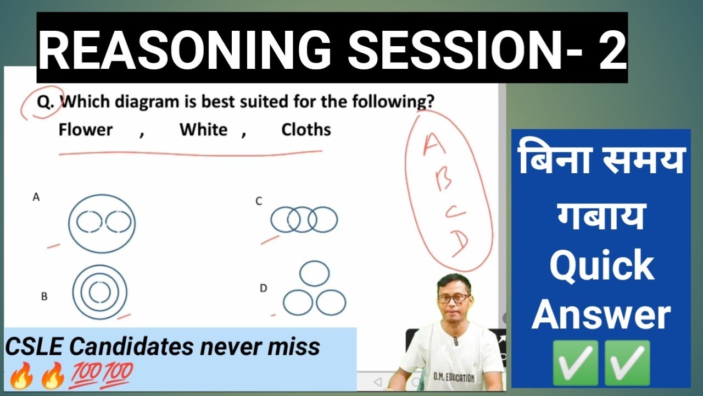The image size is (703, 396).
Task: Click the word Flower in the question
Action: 86,130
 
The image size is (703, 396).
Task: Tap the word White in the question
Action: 203,130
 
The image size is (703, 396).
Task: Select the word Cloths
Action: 306,130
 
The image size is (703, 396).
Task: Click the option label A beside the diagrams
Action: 36,197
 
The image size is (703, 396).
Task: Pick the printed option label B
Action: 44,296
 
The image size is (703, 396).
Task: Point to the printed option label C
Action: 259,201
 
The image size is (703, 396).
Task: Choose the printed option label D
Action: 264,288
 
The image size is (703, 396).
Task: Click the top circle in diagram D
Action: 315,274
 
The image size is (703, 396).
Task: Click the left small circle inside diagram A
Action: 88,223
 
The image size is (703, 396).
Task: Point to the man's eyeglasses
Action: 454,299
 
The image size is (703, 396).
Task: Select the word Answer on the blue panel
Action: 601,315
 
